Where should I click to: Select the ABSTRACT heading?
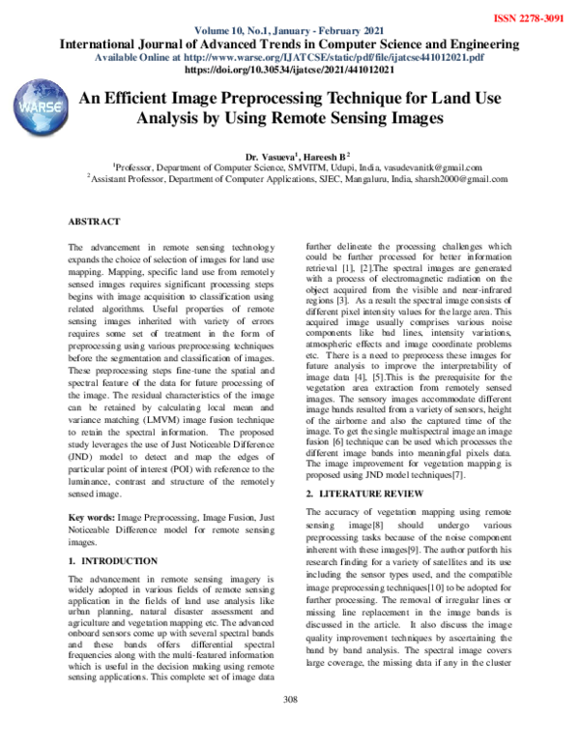point(94,222)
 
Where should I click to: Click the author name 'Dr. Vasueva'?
point(268,155)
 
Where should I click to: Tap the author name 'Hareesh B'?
point(325,155)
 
